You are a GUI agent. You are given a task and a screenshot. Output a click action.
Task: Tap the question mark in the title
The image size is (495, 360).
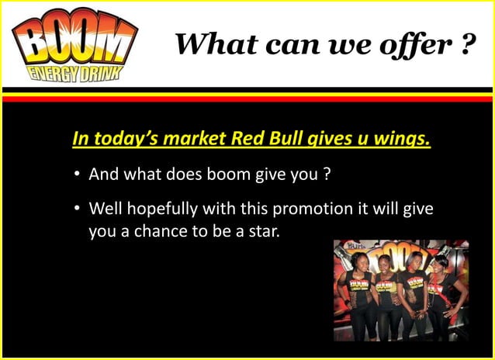click(x=466, y=43)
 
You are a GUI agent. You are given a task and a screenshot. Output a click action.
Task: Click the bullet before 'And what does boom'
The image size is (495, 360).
click(x=78, y=175)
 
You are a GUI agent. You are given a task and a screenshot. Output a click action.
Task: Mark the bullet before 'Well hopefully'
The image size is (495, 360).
click(x=78, y=209)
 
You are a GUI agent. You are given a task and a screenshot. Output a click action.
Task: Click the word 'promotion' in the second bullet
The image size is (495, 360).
click(x=296, y=209)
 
